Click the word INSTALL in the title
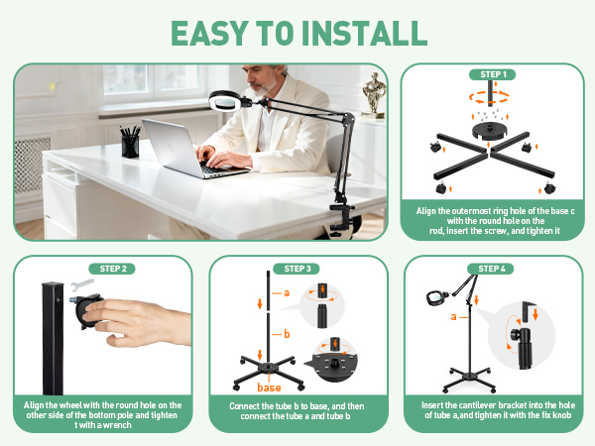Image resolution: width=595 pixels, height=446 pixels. [x=353, y=33]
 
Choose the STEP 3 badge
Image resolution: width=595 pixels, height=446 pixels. [x=297, y=268]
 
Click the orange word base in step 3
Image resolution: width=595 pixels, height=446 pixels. [x=270, y=387]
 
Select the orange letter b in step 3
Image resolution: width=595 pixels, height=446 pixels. [x=287, y=334]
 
